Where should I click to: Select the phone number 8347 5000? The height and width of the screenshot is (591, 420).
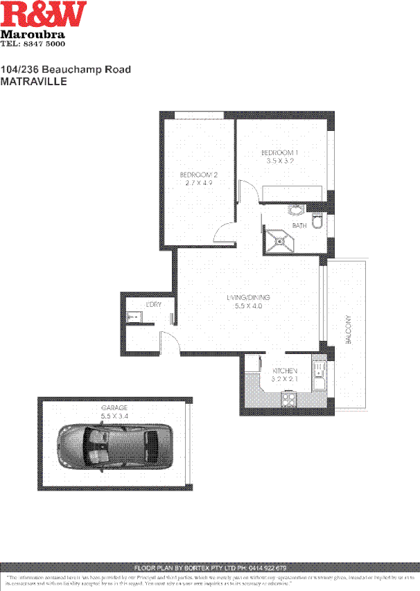[53, 44]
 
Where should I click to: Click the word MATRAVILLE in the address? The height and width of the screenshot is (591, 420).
[33, 81]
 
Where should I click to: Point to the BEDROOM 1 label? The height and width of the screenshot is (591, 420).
[279, 152]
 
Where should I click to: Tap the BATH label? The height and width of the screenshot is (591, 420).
[299, 226]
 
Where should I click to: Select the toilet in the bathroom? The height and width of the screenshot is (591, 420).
[317, 221]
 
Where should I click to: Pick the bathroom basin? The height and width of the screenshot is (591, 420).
[297, 211]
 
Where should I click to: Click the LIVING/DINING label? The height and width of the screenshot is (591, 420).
[247, 298]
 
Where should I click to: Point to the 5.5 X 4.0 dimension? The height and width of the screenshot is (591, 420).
[247, 306]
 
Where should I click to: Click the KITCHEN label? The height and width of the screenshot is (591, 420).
[284, 371]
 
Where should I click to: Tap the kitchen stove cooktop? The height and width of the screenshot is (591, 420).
[288, 399]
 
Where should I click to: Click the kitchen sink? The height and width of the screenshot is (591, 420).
[320, 378]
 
